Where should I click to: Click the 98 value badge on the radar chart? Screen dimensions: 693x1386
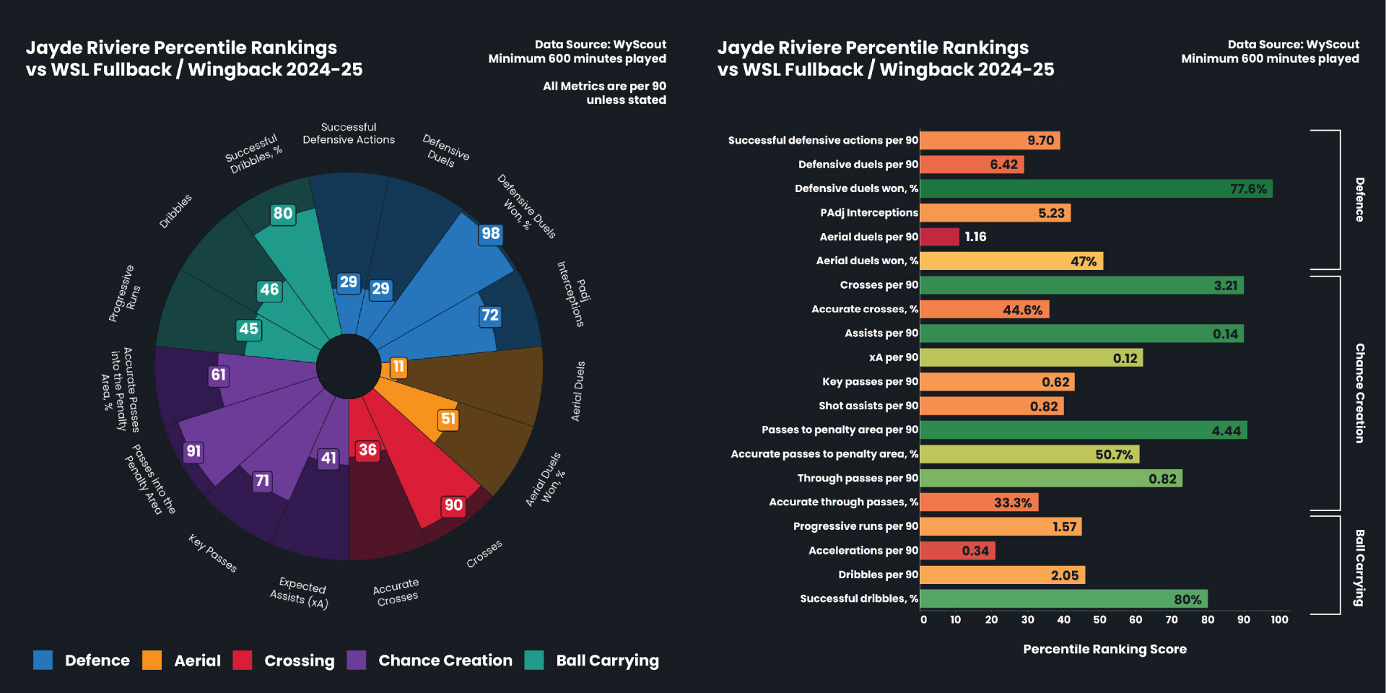491,234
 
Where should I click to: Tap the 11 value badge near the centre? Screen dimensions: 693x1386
398,367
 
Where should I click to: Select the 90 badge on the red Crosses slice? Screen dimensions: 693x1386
453,505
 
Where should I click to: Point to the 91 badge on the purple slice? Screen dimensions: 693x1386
193,452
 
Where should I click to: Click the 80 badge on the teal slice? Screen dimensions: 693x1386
282,214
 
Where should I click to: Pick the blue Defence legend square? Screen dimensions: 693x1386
43,660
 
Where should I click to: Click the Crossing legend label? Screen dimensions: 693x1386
299,661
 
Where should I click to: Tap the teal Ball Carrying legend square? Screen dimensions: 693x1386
534,660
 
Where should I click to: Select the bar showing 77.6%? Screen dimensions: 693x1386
1096,189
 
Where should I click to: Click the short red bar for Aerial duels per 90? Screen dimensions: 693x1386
939,237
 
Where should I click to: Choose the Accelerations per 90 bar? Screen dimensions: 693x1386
957,551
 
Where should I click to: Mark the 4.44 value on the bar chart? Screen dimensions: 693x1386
1226,431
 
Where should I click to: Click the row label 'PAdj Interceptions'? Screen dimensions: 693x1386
868,213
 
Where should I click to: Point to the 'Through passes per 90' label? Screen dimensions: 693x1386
857,478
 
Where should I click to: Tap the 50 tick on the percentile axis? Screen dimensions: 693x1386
1099,619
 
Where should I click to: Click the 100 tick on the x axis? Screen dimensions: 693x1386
1279,619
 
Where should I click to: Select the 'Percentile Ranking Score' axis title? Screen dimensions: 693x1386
1104,649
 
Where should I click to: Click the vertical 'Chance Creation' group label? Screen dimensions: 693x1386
1359,393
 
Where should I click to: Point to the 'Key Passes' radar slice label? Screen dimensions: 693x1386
213,553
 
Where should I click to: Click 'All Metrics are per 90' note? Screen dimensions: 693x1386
604,86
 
